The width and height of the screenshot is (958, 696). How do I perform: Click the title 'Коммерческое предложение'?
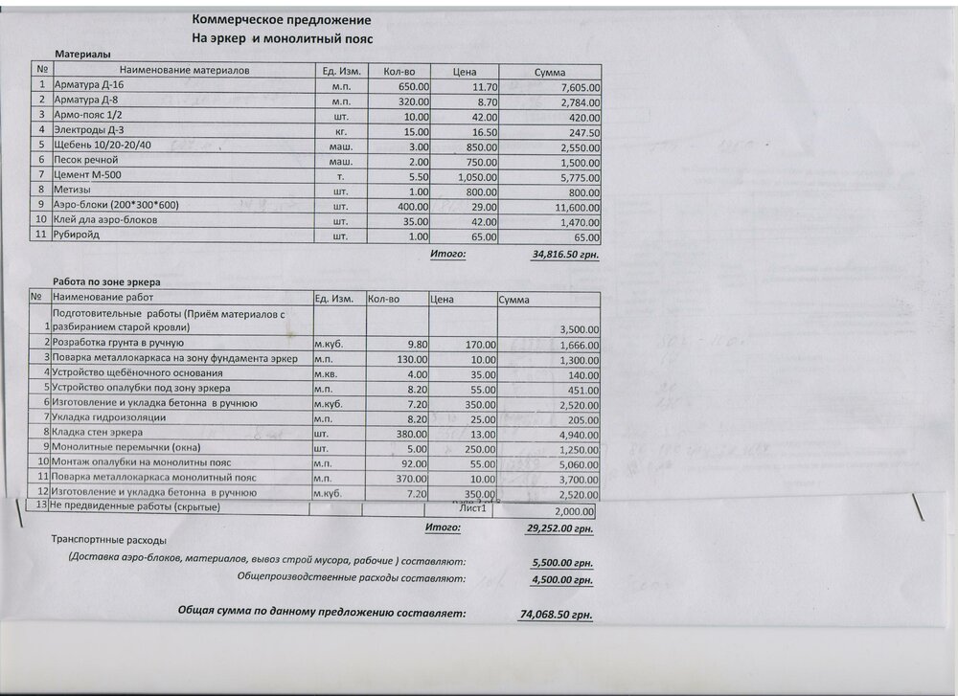pos(282,20)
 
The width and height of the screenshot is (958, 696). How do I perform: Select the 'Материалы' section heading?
pos(82,56)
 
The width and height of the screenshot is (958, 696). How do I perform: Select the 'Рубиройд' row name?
pos(78,236)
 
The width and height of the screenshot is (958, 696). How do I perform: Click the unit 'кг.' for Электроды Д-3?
pos(340,132)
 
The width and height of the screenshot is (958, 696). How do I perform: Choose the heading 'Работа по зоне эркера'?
pos(106,282)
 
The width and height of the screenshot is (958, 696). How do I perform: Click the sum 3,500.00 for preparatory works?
pos(577,329)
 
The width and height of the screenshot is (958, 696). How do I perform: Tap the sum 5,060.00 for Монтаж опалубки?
pos(577,462)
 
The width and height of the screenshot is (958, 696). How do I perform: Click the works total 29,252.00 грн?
pos(559,528)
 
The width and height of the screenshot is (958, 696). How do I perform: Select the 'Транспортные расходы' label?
pos(102,540)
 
